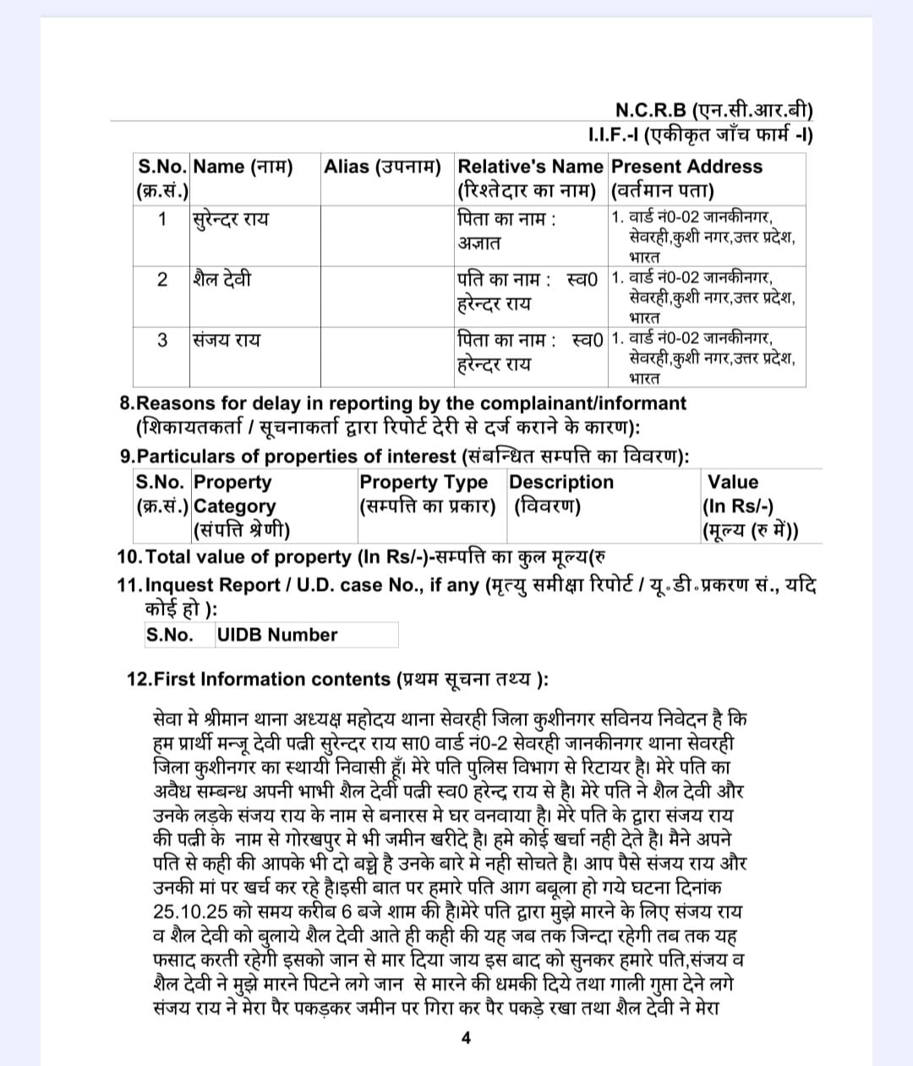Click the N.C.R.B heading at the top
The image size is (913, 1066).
[713, 111]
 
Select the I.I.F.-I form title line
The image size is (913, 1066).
[700, 134]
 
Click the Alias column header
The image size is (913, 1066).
[382, 167]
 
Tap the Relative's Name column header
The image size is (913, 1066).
[530, 167]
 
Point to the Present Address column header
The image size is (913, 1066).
[686, 167]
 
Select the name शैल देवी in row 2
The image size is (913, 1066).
[221, 279]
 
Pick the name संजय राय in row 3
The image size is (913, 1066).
[226, 340]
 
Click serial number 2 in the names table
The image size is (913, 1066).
[162, 279]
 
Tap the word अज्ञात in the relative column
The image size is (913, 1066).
[479, 243]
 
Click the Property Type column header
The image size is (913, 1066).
[424, 483]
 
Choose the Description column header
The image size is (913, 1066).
[561, 483]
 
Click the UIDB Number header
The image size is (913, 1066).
[277, 635]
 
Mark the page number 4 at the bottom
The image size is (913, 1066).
[466, 1038]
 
